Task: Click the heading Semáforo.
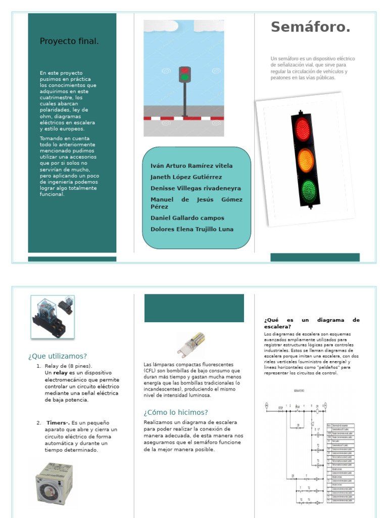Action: [310, 28]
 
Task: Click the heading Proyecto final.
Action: [69, 41]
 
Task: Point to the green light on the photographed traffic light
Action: [308, 190]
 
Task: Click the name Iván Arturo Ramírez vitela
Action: [191, 166]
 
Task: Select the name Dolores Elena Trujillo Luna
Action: [192, 229]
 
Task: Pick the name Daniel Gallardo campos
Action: [187, 218]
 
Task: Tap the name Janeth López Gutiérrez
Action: [186, 177]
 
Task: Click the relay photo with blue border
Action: [53, 317]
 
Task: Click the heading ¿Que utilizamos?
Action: [58, 356]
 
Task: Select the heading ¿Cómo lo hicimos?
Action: [176, 412]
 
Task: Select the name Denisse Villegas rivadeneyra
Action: [196, 188]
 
